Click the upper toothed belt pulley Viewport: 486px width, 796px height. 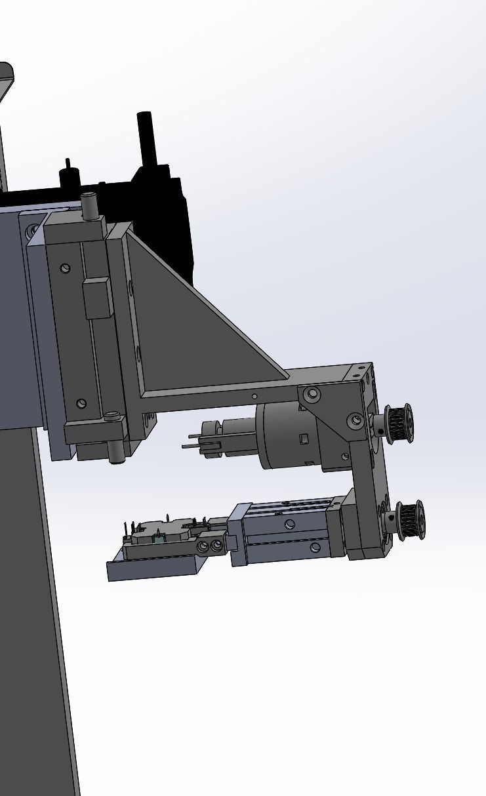click(x=399, y=424)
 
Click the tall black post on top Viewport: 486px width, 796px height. click(x=146, y=138)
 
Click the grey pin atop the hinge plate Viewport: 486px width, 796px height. click(x=90, y=206)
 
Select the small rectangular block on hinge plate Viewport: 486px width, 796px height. click(x=97, y=298)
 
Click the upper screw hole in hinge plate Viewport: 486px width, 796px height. click(x=65, y=268)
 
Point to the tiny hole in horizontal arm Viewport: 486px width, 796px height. click(x=255, y=396)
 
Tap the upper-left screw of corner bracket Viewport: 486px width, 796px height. click(x=313, y=394)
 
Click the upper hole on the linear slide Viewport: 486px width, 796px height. click(x=290, y=523)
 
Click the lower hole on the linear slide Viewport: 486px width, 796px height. click(x=315, y=546)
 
